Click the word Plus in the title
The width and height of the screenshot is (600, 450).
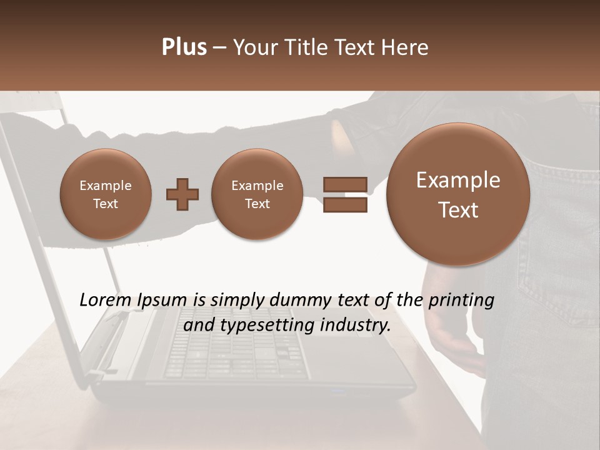pos(184,47)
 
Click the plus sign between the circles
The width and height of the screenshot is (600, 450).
pos(182,194)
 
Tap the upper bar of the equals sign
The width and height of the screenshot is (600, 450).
pos(345,184)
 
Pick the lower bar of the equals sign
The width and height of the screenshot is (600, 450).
pos(345,204)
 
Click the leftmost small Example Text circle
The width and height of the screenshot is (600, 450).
pos(106,194)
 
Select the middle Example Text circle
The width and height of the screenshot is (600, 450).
pos(257,194)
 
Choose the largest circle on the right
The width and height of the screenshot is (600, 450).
pos(458,194)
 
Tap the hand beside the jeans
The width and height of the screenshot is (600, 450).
pos(453,337)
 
